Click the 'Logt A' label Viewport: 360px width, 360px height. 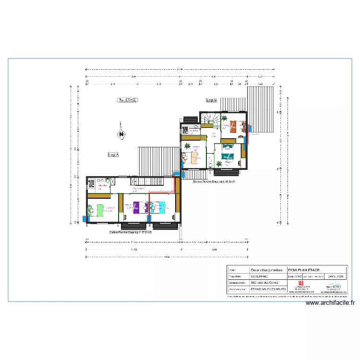113,155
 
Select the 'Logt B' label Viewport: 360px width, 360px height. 211,100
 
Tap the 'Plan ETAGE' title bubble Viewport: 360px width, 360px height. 128,100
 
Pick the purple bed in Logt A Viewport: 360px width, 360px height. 138,207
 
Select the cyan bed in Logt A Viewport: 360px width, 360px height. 159,207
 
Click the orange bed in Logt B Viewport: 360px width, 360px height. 235,126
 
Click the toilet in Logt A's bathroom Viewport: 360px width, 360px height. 108,181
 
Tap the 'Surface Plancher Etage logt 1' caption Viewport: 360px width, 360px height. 131,232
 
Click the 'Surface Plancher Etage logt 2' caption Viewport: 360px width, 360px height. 214,182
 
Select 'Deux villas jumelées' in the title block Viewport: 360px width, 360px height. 264,270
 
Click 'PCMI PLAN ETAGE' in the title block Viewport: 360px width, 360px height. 303,270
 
